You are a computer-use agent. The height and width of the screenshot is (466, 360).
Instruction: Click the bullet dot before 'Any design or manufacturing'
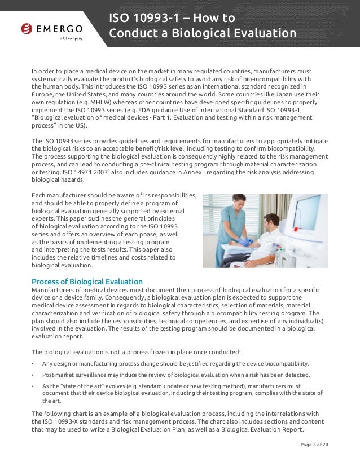tap(33, 363)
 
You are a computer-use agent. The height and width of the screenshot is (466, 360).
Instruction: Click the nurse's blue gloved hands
tap(244, 241)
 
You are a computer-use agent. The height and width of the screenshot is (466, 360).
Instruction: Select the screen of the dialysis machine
tap(306, 212)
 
